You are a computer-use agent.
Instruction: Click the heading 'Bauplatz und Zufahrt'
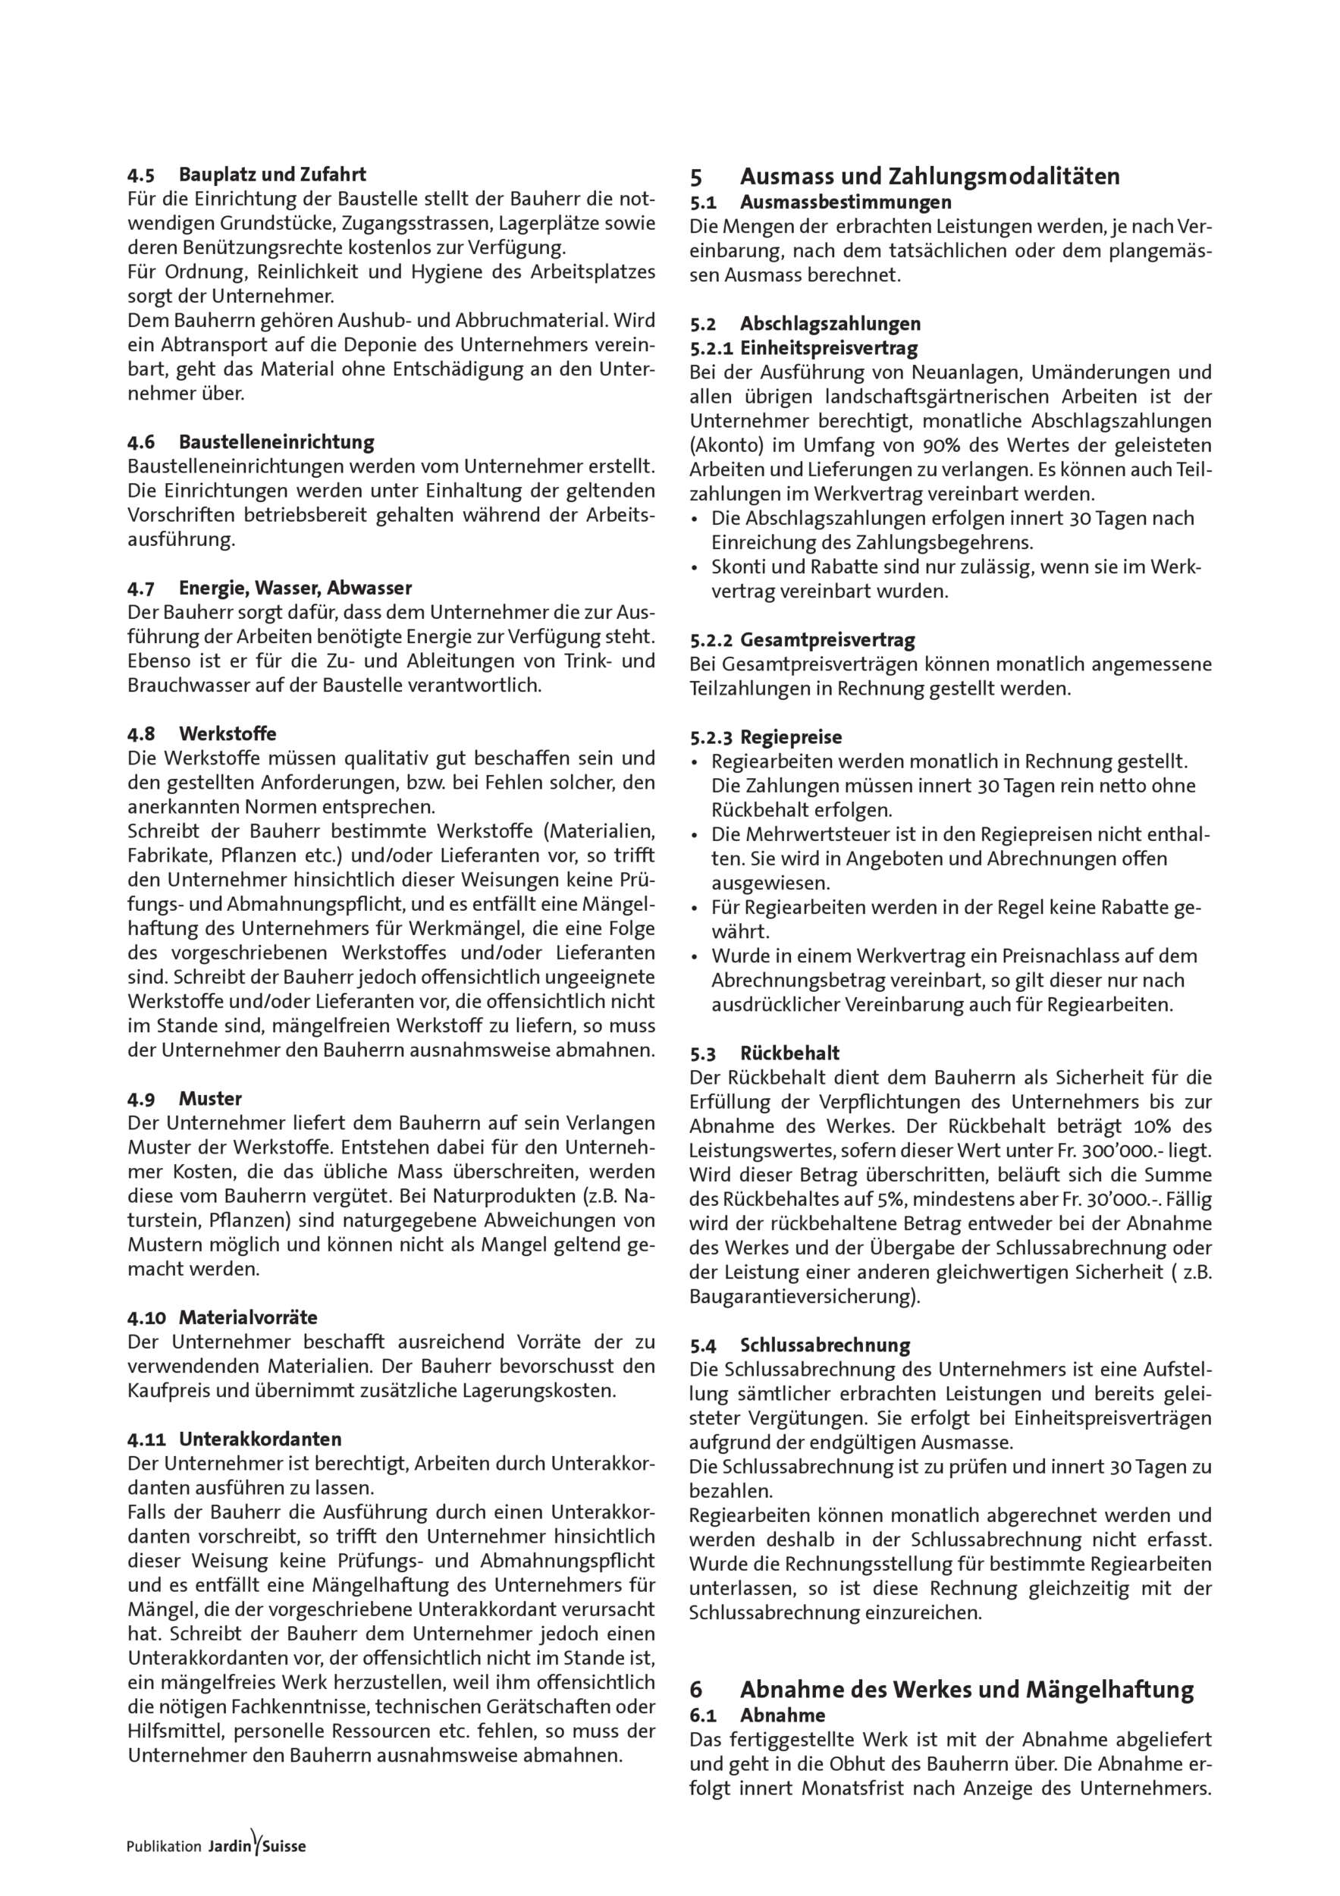point(272,175)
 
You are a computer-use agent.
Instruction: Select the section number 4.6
point(141,443)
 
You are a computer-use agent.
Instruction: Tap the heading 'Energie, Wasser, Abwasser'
point(295,589)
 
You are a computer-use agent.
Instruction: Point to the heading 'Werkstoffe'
point(227,734)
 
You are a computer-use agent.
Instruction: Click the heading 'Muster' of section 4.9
point(210,1099)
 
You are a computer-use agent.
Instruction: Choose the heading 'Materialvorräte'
point(248,1317)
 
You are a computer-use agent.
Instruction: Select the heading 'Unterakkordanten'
point(260,1439)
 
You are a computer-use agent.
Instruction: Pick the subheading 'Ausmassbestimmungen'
point(846,202)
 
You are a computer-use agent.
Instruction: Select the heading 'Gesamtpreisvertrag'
point(827,640)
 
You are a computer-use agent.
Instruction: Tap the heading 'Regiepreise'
point(791,737)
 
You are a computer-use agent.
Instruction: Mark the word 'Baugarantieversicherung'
point(801,1298)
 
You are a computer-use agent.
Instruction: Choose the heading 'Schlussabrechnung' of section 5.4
point(825,1346)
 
